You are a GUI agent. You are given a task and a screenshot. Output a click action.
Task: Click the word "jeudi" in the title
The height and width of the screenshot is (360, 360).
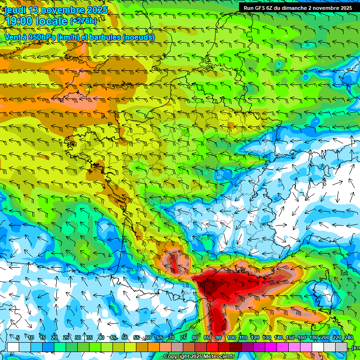coord(15,9)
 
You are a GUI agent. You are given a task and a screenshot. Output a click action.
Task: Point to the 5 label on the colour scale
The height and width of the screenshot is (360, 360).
coord(18,338)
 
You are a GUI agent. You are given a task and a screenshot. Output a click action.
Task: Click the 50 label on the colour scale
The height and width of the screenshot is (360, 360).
coord(124,338)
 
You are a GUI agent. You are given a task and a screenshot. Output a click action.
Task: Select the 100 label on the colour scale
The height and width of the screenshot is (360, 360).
coord(231,338)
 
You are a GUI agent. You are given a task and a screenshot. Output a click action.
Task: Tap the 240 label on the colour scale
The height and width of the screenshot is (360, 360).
coord(348,338)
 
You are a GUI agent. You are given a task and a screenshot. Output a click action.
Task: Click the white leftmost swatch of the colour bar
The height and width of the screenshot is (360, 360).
coord(13,347)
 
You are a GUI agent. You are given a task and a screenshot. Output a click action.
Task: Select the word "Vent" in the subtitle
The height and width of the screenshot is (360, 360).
coord(13,37)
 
